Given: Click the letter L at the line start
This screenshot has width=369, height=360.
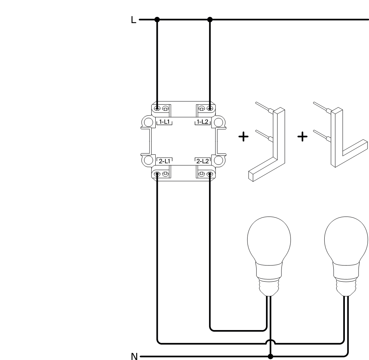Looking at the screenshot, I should coord(134,20).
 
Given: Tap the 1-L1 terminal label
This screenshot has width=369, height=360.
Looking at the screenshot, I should coord(165,122).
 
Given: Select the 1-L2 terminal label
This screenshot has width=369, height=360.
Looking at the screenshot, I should coord(202,122).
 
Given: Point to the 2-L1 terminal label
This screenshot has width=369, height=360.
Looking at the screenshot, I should coord(165,161).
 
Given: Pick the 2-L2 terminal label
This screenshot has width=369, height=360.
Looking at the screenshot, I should coord(202,161).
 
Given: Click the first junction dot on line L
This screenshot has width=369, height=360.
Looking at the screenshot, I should coord(157,19).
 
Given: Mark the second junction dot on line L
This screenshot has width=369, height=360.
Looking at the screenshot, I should coord(210,19).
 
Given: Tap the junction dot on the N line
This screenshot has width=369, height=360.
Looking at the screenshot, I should coord(271,357).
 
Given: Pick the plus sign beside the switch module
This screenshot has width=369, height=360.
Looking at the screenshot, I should coord(244,137).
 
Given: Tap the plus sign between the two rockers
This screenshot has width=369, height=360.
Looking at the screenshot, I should coord(303,137).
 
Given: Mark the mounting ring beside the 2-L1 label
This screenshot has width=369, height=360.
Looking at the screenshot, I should coord(147,160).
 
